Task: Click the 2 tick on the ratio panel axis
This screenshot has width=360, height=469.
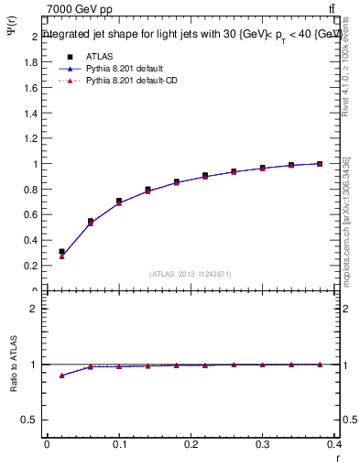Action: click(x=34, y=309)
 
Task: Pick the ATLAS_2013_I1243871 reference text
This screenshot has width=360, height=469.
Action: click(x=191, y=274)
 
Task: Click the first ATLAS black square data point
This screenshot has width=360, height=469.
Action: click(x=61, y=251)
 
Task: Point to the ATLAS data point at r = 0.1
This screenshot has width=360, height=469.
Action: click(x=119, y=201)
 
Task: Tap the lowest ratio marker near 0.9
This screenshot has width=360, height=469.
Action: click(x=61, y=376)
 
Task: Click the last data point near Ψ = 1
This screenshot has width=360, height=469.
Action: click(x=320, y=164)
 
